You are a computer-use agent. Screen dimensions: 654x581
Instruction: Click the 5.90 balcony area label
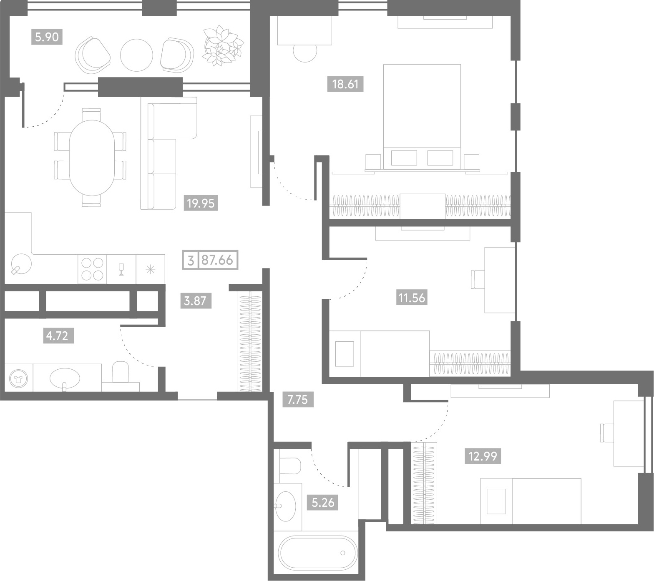pyautogui.click(x=47, y=38)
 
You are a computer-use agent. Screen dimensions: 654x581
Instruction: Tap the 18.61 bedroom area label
pyautogui.click(x=345, y=85)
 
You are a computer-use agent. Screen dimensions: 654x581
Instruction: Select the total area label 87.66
pyautogui.click(x=217, y=260)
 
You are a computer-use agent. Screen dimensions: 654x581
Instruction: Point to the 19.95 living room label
pyautogui.click(x=201, y=203)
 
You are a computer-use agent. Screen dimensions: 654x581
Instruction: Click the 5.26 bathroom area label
pyautogui.click(x=323, y=502)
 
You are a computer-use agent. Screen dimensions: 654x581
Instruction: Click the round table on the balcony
pyautogui.click(x=136, y=55)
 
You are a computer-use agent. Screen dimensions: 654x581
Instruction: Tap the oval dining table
pyautogui.click(x=91, y=157)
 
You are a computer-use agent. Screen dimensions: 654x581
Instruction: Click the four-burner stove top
pyautogui.click(x=92, y=269)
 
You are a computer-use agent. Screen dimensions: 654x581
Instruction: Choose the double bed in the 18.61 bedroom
pyautogui.click(x=422, y=117)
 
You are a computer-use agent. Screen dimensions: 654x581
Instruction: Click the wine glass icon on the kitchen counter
pyautogui.click(x=122, y=269)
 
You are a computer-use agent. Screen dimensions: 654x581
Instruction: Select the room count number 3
pyautogui.click(x=191, y=261)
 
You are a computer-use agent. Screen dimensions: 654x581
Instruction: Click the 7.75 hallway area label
pyautogui.click(x=298, y=400)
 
